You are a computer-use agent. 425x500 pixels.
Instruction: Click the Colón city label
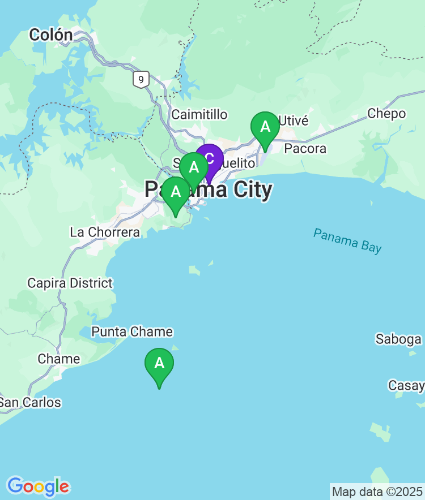[x=51, y=35]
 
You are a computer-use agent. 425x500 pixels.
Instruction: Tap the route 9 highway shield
[x=141, y=79]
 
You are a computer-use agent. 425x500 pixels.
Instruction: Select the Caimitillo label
[x=199, y=115]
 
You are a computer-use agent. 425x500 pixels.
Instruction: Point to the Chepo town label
[x=386, y=114]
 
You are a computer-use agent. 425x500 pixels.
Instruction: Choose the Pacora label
[x=305, y=149]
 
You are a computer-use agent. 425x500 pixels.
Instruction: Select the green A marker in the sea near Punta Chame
[x=159, y=364]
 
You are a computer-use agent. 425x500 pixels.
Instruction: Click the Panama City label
[x=208, y=190]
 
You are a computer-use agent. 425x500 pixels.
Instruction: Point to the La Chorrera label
[x=105, y=232]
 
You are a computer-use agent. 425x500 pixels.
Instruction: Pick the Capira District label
[x=70, y=283]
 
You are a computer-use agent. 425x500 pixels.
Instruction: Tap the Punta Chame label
[x=132, y=332]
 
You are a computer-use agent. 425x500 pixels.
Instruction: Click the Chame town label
[x=59, y=359]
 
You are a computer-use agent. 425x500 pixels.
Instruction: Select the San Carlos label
[x=29, y=403]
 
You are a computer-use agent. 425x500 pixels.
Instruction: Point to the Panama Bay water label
[x=347, y=241]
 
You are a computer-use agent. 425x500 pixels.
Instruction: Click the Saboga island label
[x=398, y=339]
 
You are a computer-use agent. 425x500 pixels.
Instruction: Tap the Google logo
[x=38, y=486]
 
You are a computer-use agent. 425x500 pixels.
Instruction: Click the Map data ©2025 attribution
[x=377, y=492]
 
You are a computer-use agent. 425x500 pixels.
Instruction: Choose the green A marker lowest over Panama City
[x=176, y=193]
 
